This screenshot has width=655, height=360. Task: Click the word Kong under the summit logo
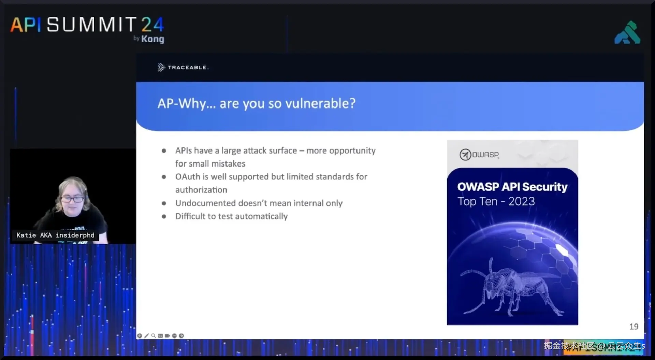coord(152,39)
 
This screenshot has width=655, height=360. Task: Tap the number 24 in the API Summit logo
coord(152,25)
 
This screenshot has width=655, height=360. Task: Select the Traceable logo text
coord(187,68)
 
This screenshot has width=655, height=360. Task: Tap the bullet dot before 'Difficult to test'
coord(164,216)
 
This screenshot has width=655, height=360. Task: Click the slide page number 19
coord(634,327)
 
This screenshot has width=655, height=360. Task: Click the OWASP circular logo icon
coord(465,155)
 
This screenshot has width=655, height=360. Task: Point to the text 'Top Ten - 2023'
coord(496,201)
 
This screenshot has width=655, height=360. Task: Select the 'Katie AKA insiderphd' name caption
coord(55,235)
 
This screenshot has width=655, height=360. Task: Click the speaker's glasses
coord(72,199)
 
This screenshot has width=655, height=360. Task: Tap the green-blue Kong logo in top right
coord(627,33)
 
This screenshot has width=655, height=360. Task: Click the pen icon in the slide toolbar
coord(147,336)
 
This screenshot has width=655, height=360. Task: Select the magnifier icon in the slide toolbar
coord(154,336)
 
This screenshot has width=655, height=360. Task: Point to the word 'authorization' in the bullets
coord(201,190)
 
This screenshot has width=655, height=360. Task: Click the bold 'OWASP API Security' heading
coord(512,187)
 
